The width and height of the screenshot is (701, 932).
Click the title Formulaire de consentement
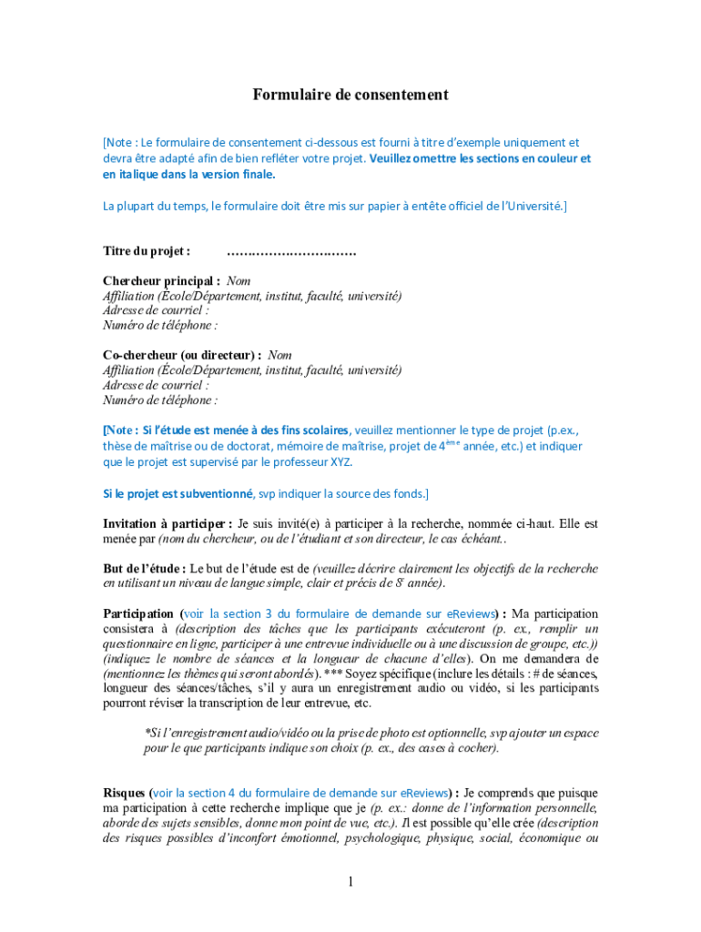350,95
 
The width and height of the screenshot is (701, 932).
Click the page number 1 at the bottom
350,881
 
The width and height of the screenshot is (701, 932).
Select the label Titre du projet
147,250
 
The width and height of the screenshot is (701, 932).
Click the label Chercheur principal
161,281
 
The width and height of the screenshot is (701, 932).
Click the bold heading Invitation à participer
167,523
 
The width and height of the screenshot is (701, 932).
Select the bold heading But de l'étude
145,568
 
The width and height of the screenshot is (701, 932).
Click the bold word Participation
137,613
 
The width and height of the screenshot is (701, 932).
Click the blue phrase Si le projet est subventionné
178,493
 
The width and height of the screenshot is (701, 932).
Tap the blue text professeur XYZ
319,461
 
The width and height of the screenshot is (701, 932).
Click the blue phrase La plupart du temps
154,206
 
